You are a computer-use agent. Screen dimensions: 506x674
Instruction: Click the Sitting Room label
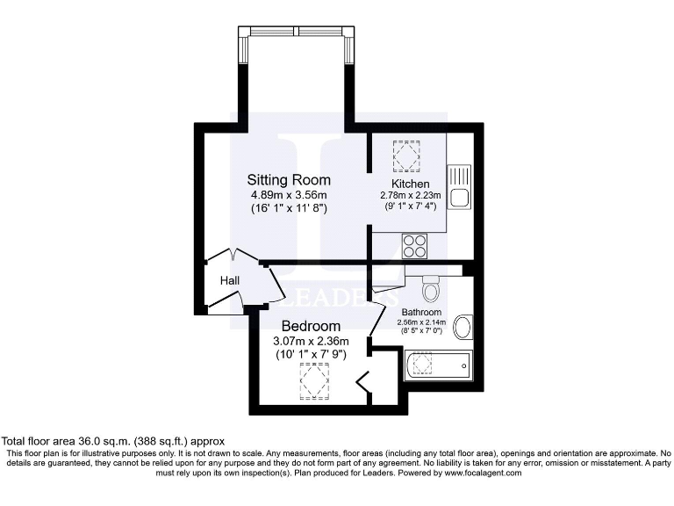click(x=287, y=178)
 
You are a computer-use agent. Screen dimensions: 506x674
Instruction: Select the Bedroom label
click(x=311, y=326)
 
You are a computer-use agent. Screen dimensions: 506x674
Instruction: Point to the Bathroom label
click(x=421, y=312)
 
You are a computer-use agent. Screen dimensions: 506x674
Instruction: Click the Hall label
click(x=230, y=280)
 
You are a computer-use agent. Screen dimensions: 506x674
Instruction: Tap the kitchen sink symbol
click(x=459, y=186)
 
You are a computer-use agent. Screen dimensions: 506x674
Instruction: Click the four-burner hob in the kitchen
click(x=415, y=245)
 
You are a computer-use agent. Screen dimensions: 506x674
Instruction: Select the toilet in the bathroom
click(x=431, y=287)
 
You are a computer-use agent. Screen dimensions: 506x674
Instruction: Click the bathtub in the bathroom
click(x=438, y=365)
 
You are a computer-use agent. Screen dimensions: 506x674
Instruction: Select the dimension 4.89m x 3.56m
click(x=287, y=194)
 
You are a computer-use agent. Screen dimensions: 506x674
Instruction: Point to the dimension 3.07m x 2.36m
click(x=311, y=341)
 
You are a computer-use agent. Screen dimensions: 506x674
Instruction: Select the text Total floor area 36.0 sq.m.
click(x=114, y=441)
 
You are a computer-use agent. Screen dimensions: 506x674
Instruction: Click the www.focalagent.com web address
click(x=475, y=473)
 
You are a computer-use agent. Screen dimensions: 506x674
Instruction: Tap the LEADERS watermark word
click(x=338, y=298)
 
